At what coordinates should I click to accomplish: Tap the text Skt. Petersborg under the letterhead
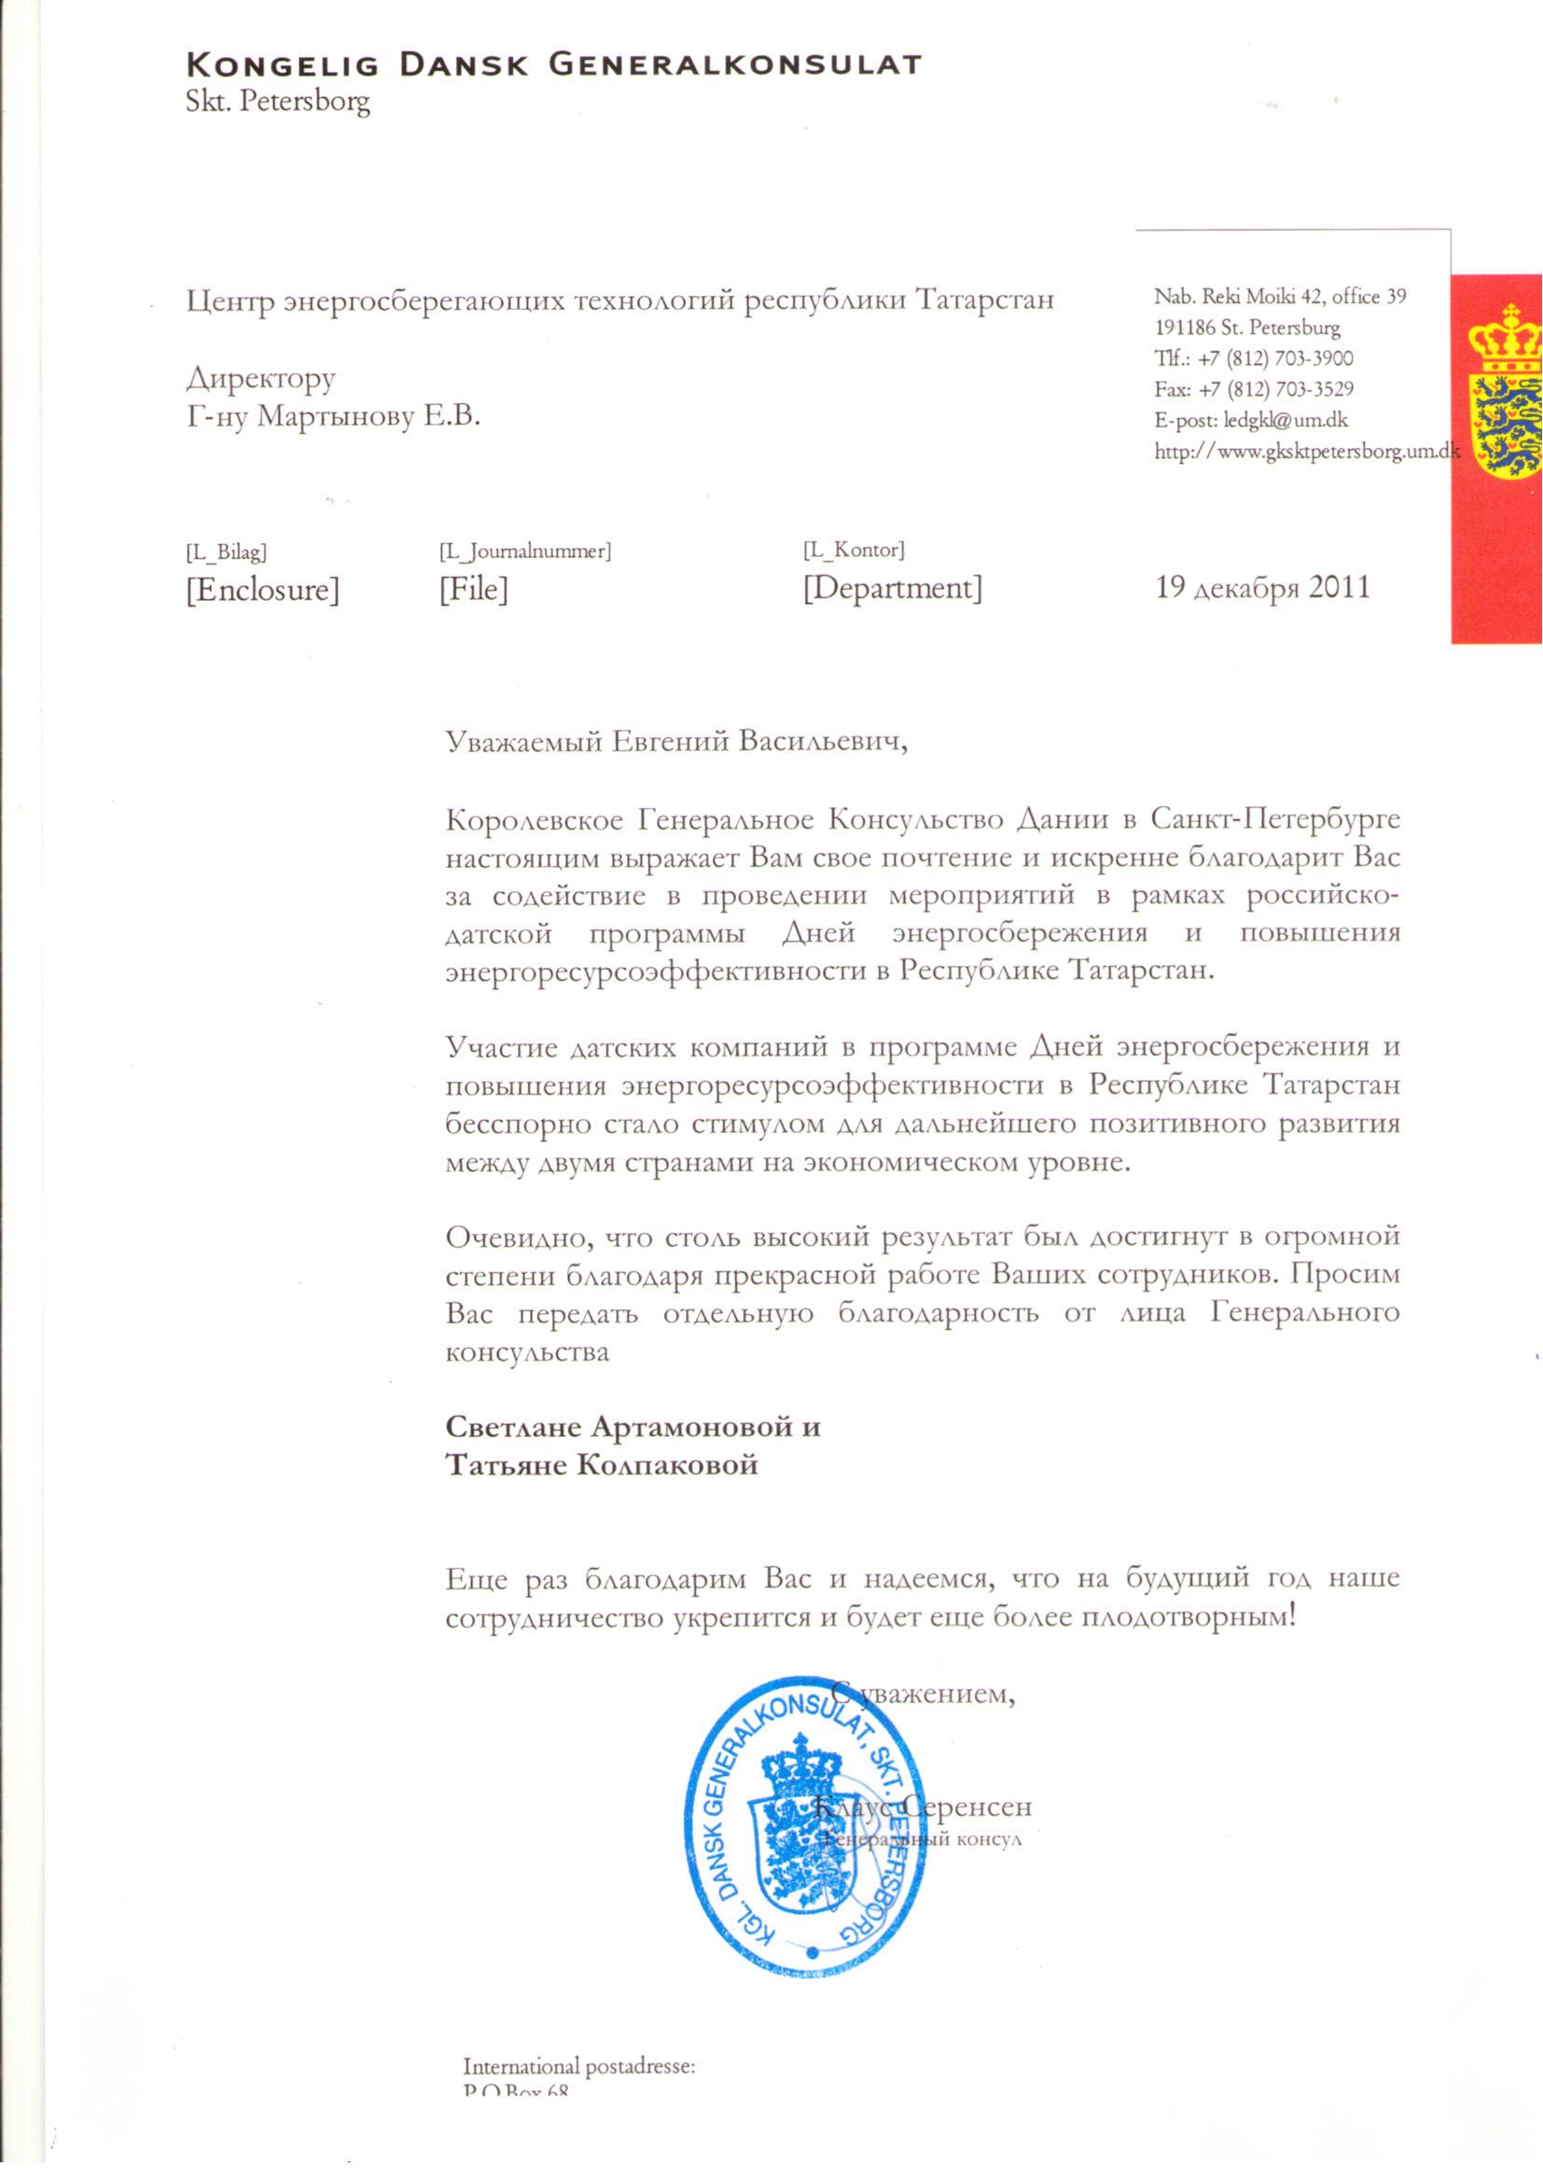point(277,102)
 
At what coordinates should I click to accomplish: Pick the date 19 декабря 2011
point(1262,587)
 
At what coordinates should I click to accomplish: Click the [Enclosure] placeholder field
point(262,590)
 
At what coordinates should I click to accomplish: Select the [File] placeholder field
point(472,590)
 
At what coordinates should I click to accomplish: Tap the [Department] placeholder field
point(892,588)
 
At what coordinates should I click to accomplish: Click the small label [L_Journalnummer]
point(524,552)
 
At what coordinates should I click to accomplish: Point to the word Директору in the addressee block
point(260,379)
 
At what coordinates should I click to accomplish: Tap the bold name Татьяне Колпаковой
point(602,1464)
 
